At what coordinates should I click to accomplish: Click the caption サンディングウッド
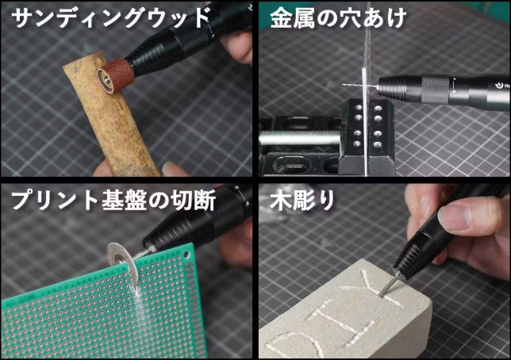tap(110, 18)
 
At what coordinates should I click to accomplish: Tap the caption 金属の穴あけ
tap(338, 18)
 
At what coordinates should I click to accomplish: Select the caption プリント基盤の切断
tap(113, 200)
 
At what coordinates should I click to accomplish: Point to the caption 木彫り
tap(302, 200)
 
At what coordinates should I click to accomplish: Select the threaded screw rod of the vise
tap(299, 138)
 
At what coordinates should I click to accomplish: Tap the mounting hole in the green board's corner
tap(186, 254)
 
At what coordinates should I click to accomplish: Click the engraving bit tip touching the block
tap(381, 294)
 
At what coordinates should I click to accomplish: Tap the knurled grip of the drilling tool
tap(435, 90)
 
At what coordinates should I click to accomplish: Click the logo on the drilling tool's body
tap(500, 86)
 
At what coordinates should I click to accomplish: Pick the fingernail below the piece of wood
tap(171, 168)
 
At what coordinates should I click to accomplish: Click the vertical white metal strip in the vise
tap(364, 121)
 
